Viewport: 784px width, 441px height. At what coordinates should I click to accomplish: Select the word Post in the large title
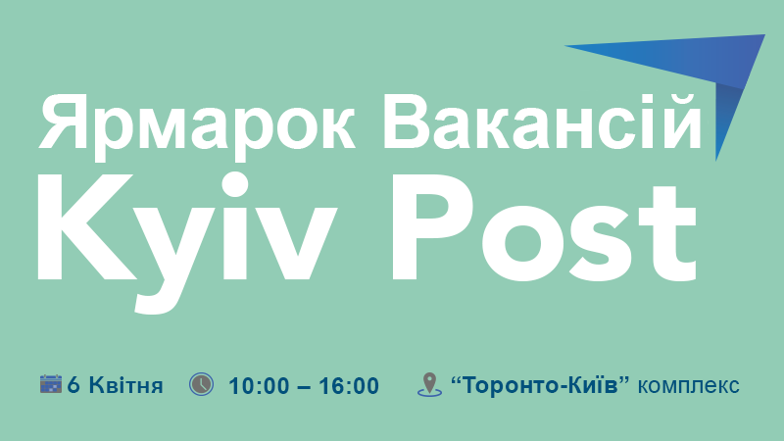coord(545,228)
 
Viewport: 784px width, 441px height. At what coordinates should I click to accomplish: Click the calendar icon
coord(51,383)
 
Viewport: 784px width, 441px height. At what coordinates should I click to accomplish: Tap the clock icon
coord(201,384)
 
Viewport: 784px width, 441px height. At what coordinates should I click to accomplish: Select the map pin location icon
coord(429,385)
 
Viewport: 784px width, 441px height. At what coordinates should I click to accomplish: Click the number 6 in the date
coord(73,385)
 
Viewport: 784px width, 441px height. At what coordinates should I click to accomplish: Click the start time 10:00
coord(259,386)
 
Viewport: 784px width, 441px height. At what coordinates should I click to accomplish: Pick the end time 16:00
coord(349,386)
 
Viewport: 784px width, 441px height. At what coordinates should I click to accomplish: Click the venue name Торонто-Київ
coord(540,385)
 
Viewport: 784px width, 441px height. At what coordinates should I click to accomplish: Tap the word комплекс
coord(689,386)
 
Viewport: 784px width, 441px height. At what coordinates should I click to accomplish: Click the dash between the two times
coord(304,387)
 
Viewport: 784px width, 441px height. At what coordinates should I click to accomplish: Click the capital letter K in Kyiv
coord(86,226)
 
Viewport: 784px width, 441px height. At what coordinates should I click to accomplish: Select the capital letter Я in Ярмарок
coord(65,122)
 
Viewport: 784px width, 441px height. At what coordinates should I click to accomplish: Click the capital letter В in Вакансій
coord(409,122)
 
